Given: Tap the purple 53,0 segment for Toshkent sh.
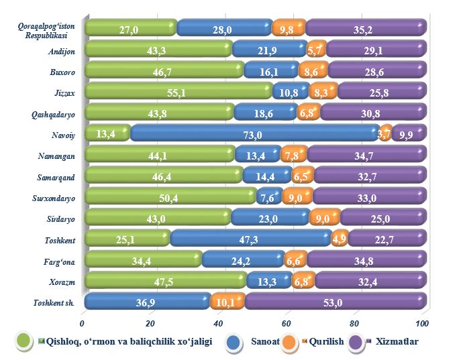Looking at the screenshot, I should coord(333,302).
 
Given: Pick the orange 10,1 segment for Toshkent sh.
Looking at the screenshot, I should coord(227,302).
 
